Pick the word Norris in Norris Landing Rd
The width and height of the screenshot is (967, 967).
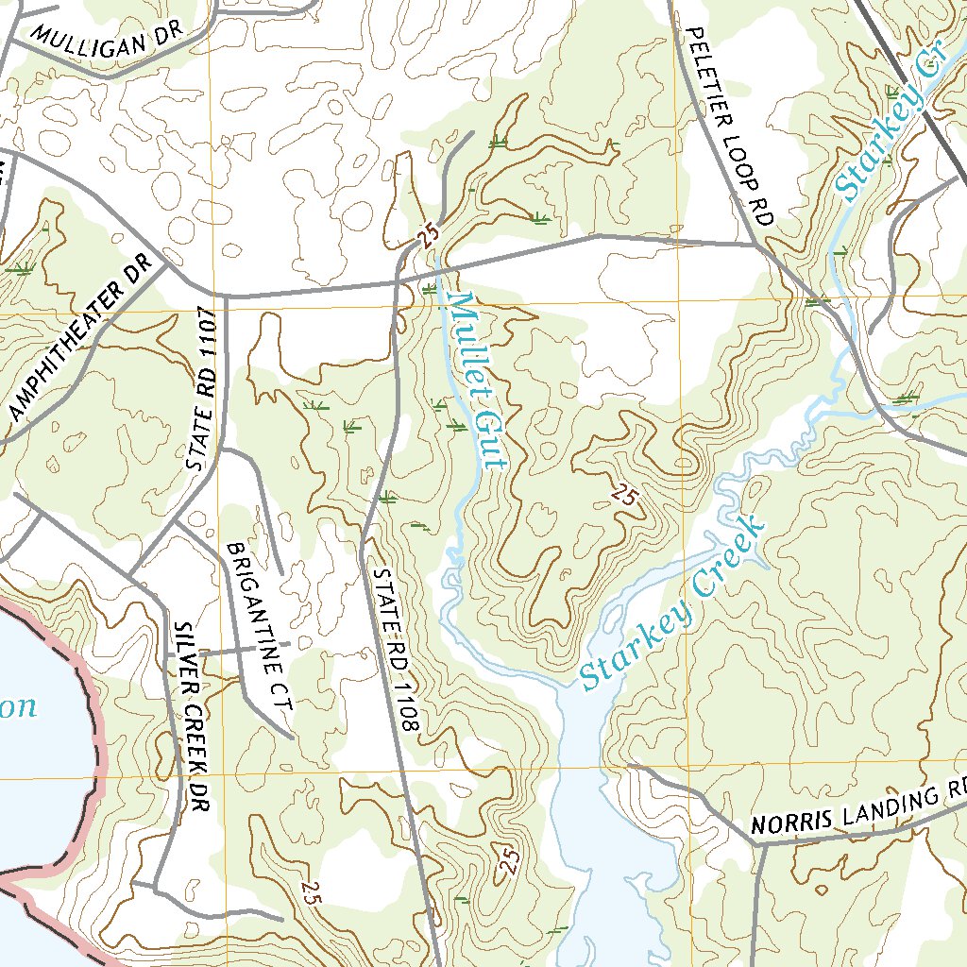coord(790,822)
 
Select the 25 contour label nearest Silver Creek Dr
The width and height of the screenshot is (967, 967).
coord(313,891)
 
